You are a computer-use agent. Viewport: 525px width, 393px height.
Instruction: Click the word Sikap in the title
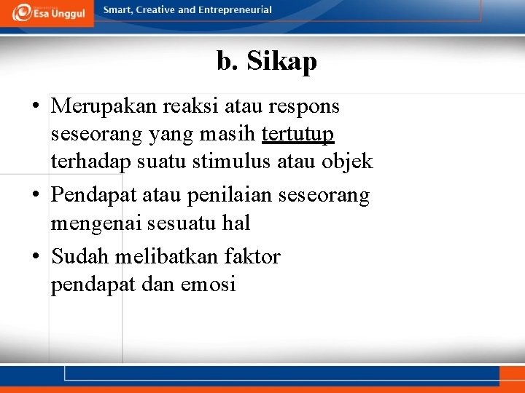tap(281, 62)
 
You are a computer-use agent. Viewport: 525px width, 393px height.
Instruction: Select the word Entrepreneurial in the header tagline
tap(235, 10)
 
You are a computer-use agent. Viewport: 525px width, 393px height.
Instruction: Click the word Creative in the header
tap(153, 10)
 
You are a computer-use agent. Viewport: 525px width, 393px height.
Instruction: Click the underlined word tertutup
tap(297, 134)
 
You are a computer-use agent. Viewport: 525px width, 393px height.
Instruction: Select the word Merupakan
tap(104, 106)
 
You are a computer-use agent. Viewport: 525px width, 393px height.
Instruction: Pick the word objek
tap(347, 161)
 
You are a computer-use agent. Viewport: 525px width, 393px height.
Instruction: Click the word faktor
tap(252, 256)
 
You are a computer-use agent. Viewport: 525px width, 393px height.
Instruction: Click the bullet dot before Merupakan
tap(36, 107)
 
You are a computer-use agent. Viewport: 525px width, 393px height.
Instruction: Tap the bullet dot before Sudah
tap(36, 257)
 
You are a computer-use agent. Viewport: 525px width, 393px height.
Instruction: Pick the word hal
tap(235, 223)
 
